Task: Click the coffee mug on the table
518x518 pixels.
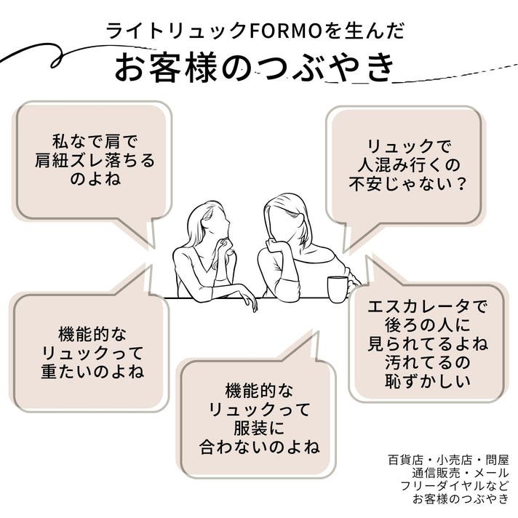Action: coord(338,288)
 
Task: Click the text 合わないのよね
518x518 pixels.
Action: coord(260,445)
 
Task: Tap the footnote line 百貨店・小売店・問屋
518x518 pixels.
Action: coord(449,460)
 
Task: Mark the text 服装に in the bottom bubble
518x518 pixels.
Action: coord(259,426)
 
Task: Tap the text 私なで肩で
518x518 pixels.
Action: coord(95,141)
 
